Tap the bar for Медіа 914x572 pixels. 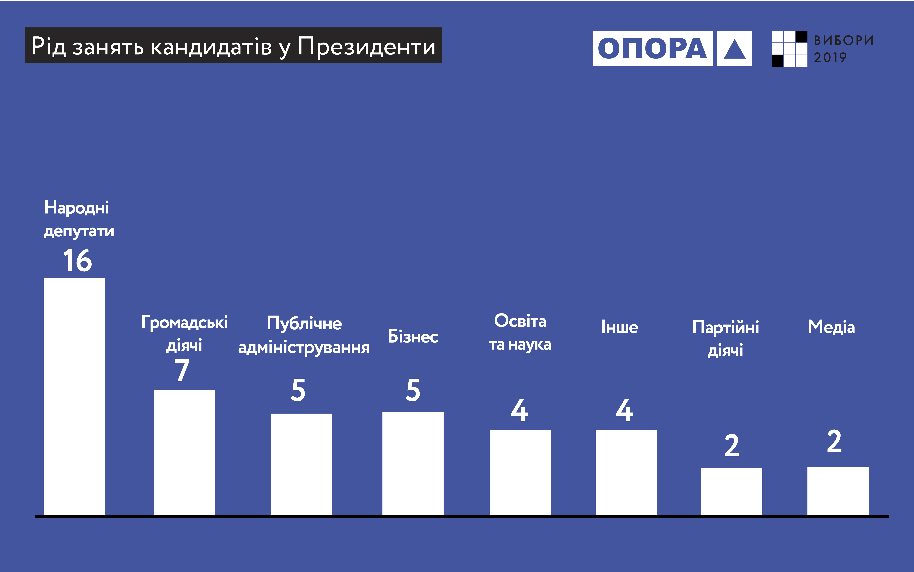tap(838, 491)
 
